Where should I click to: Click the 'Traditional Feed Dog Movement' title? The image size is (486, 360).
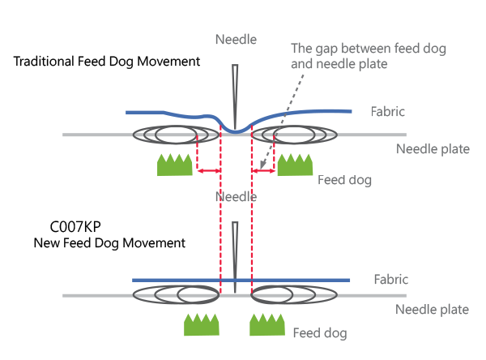click(x=107, y=62)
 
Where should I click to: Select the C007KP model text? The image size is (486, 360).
click(x=75, y=227)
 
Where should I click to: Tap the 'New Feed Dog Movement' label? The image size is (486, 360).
click(x=109, y=243)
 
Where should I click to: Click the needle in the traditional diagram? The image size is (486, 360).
click(x=235, y=96)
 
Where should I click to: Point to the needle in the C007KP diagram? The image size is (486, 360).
click(x=235, y=257)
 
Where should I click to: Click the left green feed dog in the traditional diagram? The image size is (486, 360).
click(x=174, y=165)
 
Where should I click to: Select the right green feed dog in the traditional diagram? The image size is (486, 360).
click(x=295, y=165)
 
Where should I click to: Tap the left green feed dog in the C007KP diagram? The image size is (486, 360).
click(x=202, y=324)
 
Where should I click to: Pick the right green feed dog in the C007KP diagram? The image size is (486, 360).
click(x=267, y=324)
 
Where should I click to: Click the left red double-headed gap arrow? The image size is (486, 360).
click(x=209, y=171)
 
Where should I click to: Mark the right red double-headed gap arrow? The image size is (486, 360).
click(x=263, y=171)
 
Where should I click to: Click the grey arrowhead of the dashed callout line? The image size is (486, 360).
click(x=262, y=165)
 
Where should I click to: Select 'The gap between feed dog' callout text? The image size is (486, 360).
click(x=369, y=49)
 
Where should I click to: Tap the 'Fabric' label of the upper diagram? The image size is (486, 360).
click(x=388, y=111)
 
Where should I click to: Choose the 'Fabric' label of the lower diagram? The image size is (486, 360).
click(x=391, y=279)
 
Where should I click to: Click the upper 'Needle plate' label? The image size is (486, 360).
click(x=433, y=149)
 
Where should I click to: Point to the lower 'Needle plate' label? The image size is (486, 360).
click(x=432, y=310)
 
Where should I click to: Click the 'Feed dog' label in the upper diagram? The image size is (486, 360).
click(x=345, y=180)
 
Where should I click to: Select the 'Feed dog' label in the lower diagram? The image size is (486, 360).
click(x=320, y=333)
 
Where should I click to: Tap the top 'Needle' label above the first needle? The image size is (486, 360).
click(x=237, y=40)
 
